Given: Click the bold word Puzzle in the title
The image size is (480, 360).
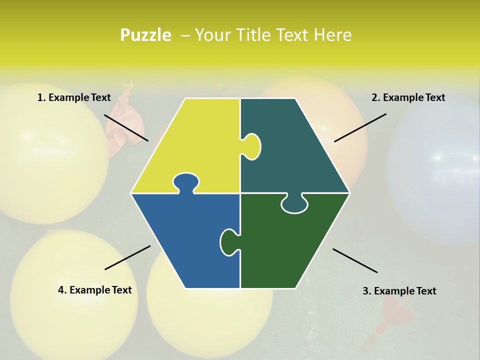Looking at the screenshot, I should pyautogui.click(x=145, y=35).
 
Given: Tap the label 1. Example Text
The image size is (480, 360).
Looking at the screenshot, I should pyautogui.click(x=74, y=97).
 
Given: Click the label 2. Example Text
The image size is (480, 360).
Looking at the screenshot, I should pyautogui.click(x=408, y=97).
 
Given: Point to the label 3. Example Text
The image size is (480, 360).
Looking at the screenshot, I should pyautogui.click(x=399, y=291).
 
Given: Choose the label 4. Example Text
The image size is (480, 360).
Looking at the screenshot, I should pyautogui.click(x=95, y=290).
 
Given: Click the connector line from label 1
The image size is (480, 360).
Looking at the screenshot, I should pyautogui.click(x=126, y=127).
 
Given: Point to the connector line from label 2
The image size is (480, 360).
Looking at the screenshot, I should pyautogui.click(x=360, y=127).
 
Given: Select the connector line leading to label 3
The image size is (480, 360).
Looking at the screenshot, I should pyautogui.click(x=355, y=260).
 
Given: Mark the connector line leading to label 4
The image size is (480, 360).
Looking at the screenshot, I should pyautogui.click(x=127, y=257).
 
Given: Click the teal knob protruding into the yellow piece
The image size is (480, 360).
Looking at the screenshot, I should pyautogui.click(x=252, y=146).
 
